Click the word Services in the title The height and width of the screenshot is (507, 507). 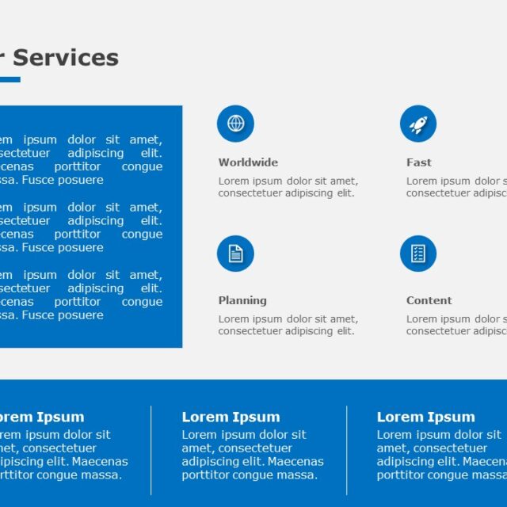point(66,58)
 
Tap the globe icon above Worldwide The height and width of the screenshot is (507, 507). point(235,124)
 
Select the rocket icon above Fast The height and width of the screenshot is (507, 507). point(418,124)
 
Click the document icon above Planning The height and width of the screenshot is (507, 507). point(235,253)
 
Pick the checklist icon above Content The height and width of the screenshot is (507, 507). point(418,253)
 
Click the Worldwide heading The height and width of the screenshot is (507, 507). point(248,162)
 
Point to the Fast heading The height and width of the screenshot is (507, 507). point(419,162)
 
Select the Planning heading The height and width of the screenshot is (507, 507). point(242,300)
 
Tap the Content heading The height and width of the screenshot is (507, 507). point(429,300)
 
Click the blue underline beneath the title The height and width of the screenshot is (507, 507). point(10,79)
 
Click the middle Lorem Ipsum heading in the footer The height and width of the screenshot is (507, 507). point(231,417)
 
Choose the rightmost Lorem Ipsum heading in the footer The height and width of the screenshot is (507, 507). point(425,417)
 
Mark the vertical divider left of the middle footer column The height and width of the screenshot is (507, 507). point(151,450)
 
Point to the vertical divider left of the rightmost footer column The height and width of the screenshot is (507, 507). point(347,450)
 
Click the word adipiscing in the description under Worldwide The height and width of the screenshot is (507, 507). point(311,193)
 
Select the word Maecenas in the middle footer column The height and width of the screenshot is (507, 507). point(295,462)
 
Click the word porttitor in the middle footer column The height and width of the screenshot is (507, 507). point(208,475)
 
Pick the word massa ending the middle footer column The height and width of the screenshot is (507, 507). point(298,475)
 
